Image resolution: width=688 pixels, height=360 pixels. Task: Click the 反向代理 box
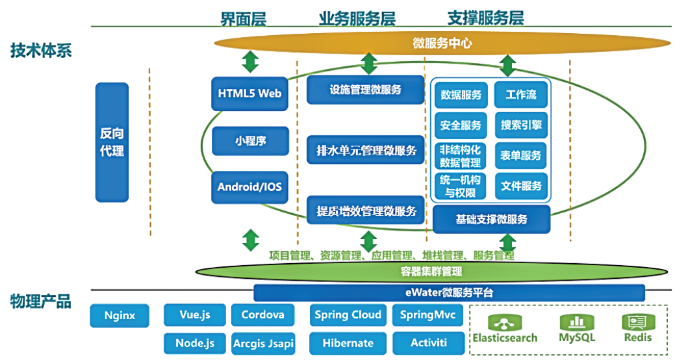[112, 142]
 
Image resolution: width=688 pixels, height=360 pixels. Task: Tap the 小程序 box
[249, 140]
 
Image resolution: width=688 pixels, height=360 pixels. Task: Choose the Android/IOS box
[249, 187]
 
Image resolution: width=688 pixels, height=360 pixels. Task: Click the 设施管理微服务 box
[365, 90]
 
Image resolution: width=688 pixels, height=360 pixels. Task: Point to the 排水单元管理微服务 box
[365, 150]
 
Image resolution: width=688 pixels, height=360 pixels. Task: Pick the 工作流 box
[521, 95]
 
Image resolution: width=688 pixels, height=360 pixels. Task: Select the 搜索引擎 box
[521, 125]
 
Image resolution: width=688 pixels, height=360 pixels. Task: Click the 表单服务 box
[521, 155]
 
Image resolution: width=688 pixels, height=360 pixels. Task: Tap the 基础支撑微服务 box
[491, 220]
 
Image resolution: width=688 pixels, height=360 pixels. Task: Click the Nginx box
[120, 316]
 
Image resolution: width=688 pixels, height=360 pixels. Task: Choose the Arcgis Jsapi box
[263, 342]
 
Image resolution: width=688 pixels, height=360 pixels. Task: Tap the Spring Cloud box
[348, 315]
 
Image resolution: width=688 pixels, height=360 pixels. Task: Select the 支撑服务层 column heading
[485, 18]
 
